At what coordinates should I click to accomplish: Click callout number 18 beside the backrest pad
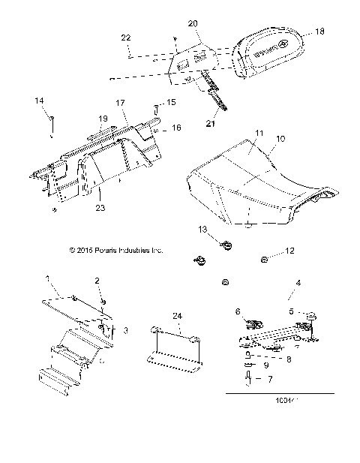click(320, 32)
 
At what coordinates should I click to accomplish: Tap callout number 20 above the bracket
click(193, 24)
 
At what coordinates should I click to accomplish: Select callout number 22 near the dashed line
click(126, 37)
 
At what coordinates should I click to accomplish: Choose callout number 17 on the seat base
click(119, 103)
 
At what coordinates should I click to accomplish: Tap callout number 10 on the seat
click(259, 140)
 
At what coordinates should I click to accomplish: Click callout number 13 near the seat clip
click(202, 229)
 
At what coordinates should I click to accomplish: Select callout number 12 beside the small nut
click(291, 253)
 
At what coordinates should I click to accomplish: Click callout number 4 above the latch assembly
click(298, 283)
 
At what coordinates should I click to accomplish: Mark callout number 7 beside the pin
click(269, 380)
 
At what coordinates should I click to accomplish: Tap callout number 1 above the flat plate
click(49, 278)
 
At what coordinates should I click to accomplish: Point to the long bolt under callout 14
click(50, 126)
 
